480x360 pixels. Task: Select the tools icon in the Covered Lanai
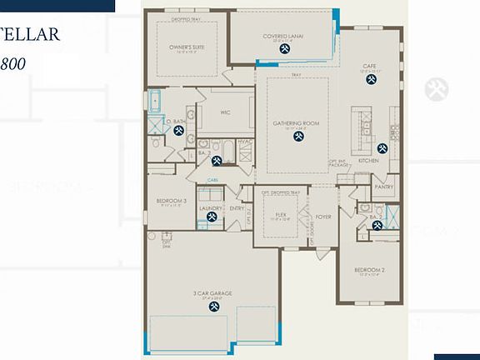point(284,50)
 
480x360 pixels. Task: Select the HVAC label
point(244,142)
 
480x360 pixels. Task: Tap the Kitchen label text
point(368,160)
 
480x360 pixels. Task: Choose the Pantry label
point(383,187)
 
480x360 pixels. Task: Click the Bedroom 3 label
point(172,201)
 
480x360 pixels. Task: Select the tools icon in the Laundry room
point(212,217)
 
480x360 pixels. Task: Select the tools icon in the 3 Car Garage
point(214,306)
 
